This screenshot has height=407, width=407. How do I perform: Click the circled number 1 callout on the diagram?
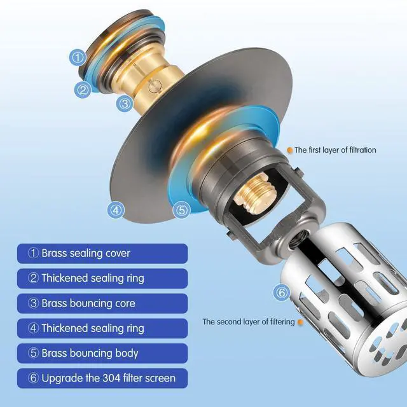click(78, 57)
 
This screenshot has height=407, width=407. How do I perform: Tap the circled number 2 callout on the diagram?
click(83, 90)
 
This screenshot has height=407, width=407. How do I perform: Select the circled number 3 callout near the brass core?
click(125, 104)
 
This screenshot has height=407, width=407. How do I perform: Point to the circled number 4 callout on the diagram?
click(116, 210)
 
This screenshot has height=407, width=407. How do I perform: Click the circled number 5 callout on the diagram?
click(182, 210)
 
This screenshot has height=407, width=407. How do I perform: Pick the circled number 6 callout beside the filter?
click(282, 293)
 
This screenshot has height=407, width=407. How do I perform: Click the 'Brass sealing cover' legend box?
click(102, 254)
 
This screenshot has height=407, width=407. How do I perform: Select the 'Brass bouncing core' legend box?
click(102, 303)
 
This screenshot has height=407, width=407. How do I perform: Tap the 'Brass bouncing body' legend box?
click(102, 354)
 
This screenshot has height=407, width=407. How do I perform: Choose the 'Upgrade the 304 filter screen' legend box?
click(102, 378)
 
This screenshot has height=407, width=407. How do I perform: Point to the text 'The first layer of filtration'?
click(335, 150)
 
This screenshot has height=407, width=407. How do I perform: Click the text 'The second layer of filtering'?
click(249, 322)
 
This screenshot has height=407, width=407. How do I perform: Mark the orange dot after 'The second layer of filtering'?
click(300, 322)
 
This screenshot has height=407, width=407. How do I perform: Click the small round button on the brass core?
click(155, 86)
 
